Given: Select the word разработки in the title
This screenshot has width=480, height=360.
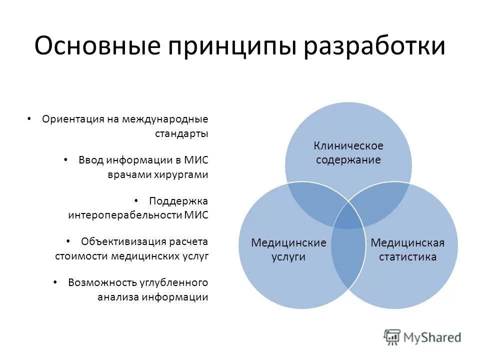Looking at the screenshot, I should [376, 46].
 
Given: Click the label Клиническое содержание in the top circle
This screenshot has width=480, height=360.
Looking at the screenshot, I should [348, 153].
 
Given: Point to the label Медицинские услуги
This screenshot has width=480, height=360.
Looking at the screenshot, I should [288, 249].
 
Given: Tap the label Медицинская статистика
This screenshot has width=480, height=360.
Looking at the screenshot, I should [407, 249].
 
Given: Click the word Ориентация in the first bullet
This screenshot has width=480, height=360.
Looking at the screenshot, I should [72, 119].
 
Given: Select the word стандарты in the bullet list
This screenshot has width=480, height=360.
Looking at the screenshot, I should [181, 133].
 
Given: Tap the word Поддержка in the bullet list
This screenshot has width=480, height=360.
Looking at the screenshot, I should [178, 201].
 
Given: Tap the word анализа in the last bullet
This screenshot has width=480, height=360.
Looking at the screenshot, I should [118, 296].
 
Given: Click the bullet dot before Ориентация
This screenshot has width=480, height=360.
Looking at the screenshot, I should [29, 119].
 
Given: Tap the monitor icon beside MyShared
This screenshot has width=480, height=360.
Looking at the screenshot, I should [392, 337].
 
